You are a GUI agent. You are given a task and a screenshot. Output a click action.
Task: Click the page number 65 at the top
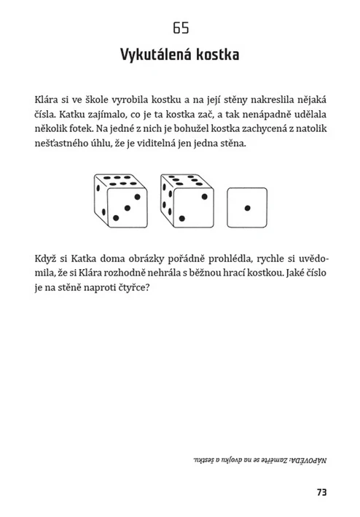point(181,29)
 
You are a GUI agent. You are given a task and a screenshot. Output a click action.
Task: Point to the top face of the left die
point(119,180)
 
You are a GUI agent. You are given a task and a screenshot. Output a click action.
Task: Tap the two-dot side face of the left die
point(101,200)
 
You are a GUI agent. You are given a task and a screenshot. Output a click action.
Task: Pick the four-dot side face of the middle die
point(167,200)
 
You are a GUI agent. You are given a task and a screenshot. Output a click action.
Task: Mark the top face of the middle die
point(184,180)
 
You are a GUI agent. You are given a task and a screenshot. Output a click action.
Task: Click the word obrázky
point(129,258)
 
